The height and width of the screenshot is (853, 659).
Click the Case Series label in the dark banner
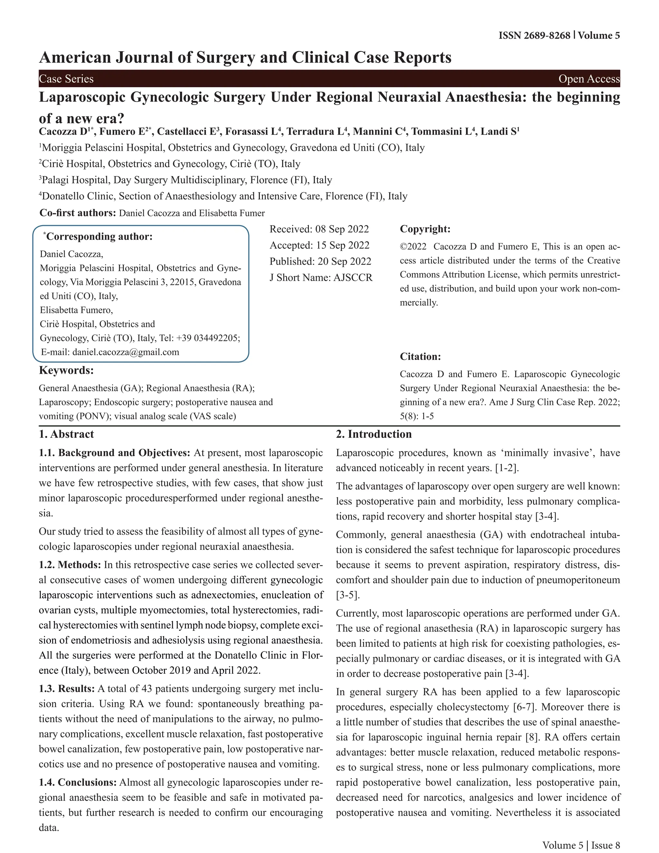[66, 79]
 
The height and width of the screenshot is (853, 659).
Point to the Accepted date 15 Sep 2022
[342, 245]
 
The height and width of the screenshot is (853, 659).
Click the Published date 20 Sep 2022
[344, 261]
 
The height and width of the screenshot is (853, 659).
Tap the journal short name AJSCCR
[353, 278]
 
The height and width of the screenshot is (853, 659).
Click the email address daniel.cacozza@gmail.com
[126, 352]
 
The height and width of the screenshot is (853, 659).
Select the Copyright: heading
[425, 229]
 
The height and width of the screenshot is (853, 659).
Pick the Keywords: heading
[66, 370]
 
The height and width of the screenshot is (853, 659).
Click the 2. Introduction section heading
[374, 434]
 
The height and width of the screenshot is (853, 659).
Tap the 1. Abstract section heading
[66, 434]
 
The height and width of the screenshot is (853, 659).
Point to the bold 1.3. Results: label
[67, 689]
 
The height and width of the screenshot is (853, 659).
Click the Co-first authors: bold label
[78, 213]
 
